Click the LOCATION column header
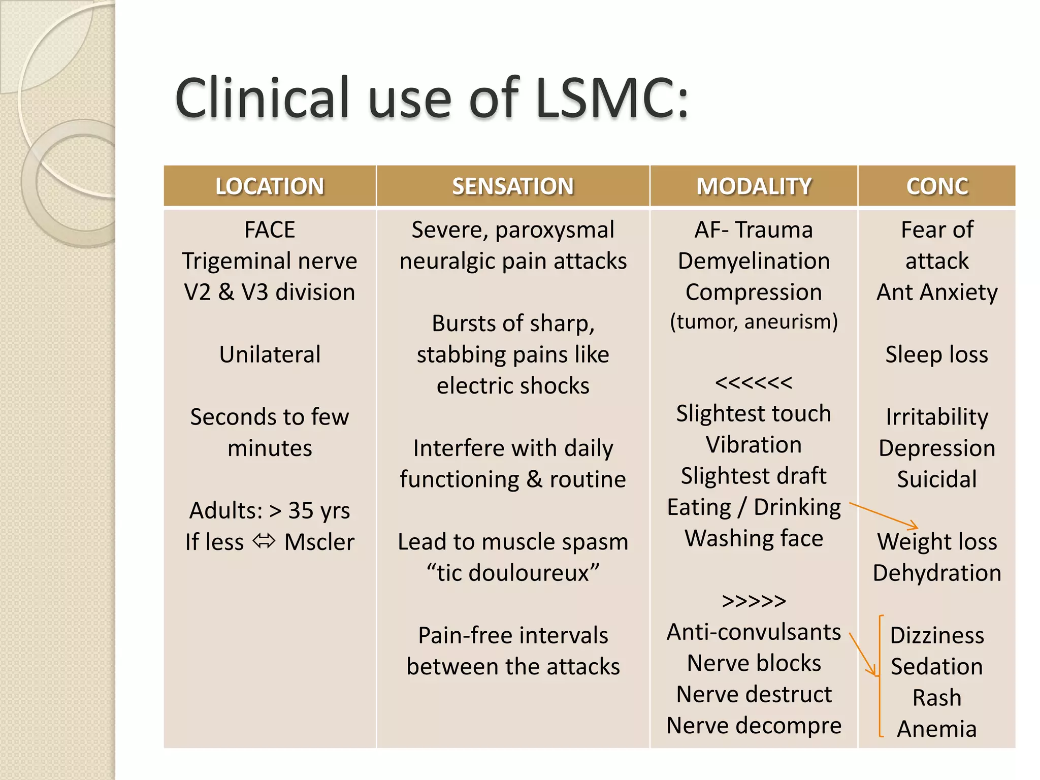pos(270,186)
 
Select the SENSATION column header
pos(513,186)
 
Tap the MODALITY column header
pos(754,186)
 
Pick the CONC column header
pos(937,186)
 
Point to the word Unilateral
pos(270,354)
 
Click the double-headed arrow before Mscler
pos(264,541)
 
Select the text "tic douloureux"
pos(513,573)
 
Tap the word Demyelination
pos(754,261)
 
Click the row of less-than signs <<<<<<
pos(754,382)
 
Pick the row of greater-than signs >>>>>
pos(754,601)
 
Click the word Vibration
pos(754,445)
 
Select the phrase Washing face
pos(754,538)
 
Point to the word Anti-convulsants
pos(754,632)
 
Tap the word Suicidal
pos(937,479)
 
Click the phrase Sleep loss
pos(937,354)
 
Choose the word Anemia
pos(937,729)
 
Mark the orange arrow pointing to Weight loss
pos(884,515)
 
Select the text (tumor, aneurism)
pos(754,322)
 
